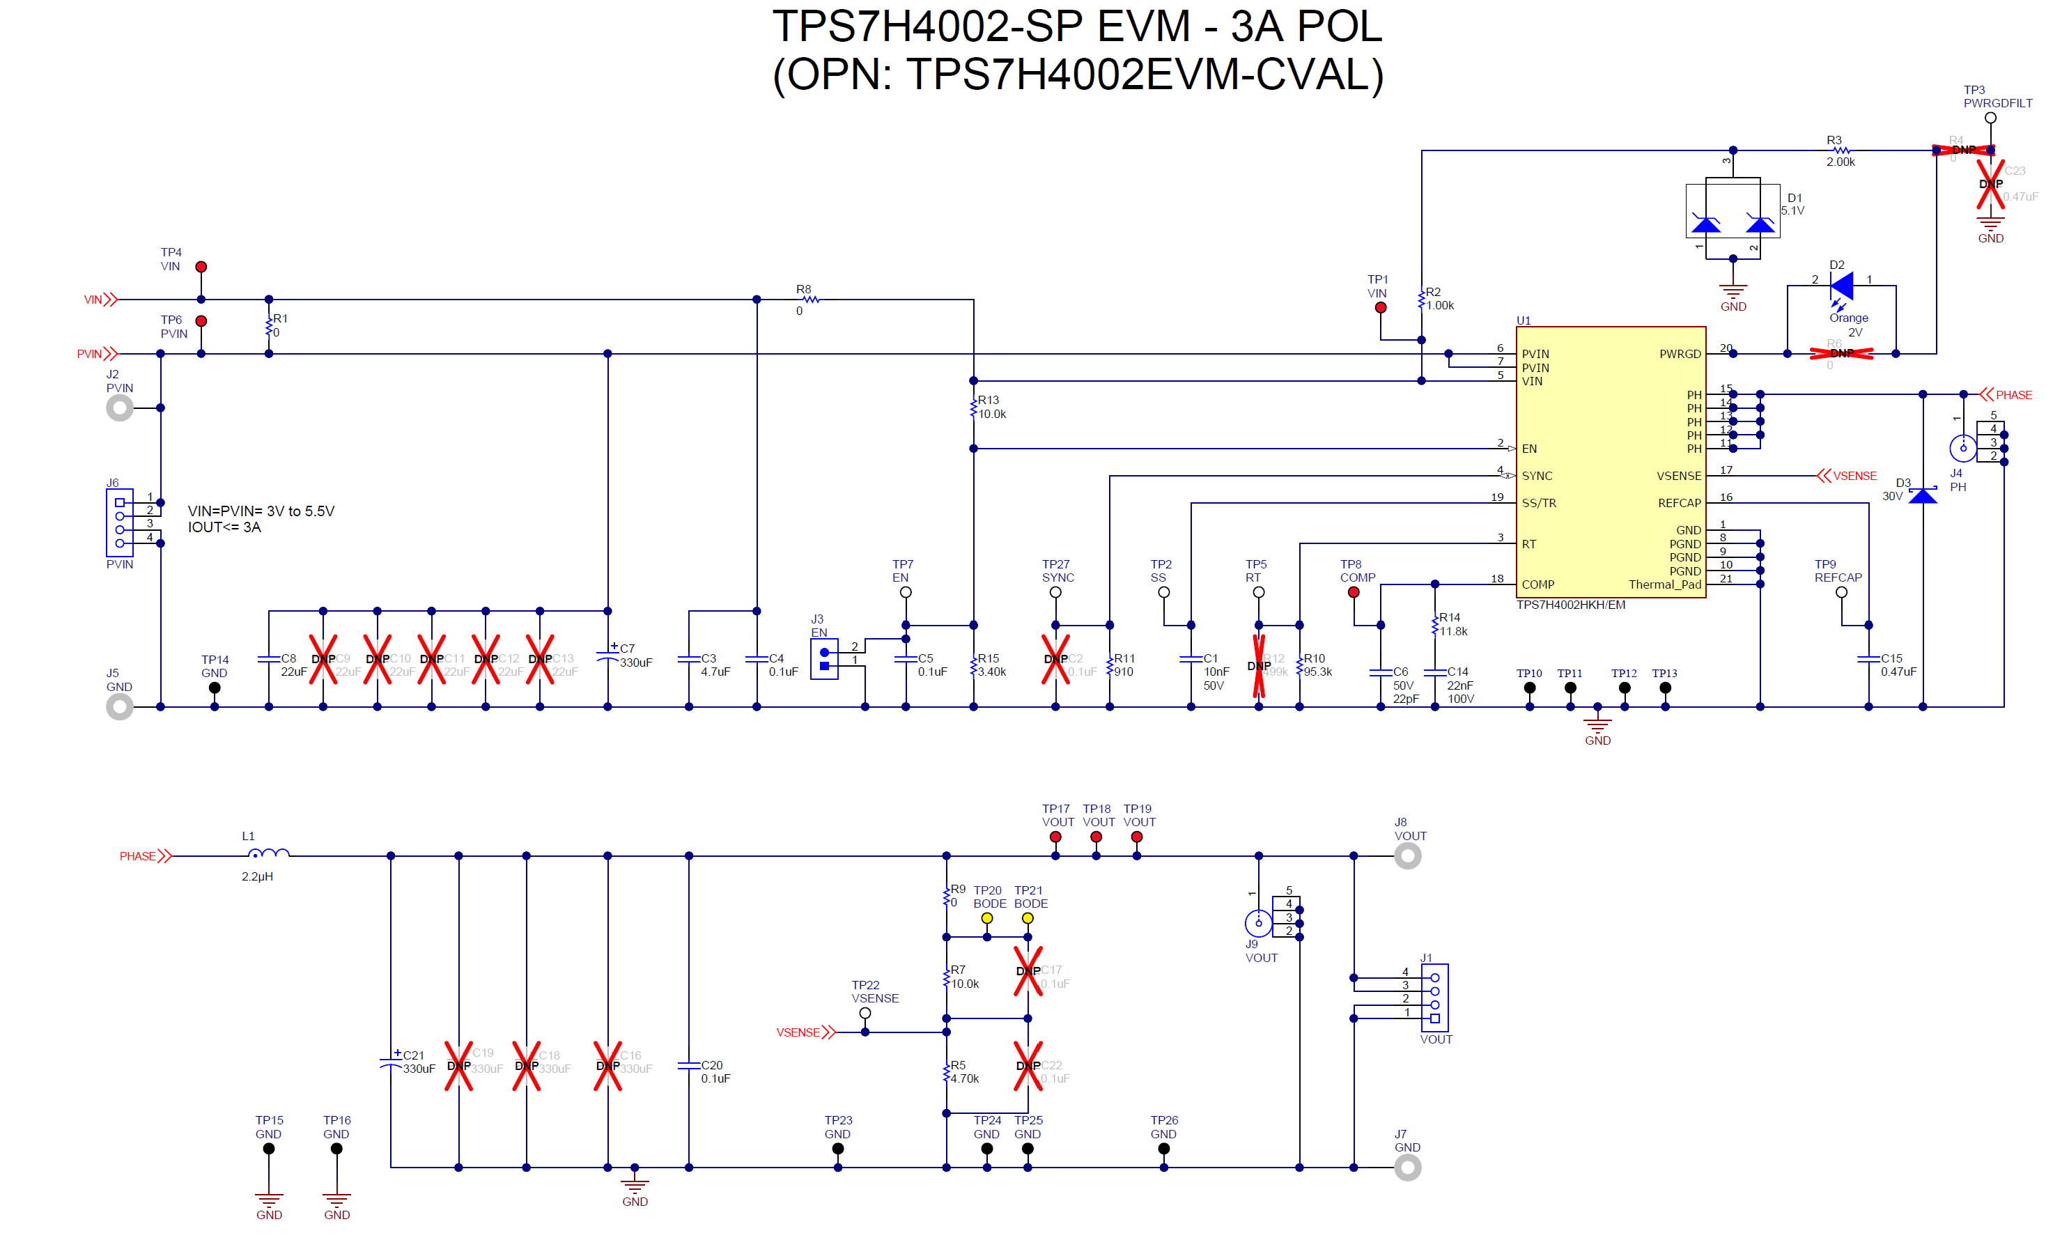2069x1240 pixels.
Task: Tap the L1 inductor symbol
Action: coord(269,853)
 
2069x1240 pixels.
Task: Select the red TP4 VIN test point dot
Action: coord(201,267)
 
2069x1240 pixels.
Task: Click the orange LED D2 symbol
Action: coord(1841,286)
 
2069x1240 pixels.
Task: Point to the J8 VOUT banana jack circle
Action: coord(1407,855)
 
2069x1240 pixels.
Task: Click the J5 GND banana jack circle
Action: coord(120,707)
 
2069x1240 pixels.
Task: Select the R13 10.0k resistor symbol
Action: coord(973,408)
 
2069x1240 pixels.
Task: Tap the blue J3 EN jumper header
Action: coord(824,659)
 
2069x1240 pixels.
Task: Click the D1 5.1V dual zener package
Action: coord(1733,213)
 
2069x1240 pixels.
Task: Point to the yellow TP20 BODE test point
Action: coord(987,918)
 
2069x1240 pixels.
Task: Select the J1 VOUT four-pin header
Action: coord(1434,998)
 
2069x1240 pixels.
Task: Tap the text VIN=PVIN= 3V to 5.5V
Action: coord(261,511)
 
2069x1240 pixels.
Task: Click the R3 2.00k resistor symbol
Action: coord(1840,150)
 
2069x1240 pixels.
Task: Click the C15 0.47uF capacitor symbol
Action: coord(1868,659)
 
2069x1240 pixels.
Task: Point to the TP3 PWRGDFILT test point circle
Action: coord(1990,118)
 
